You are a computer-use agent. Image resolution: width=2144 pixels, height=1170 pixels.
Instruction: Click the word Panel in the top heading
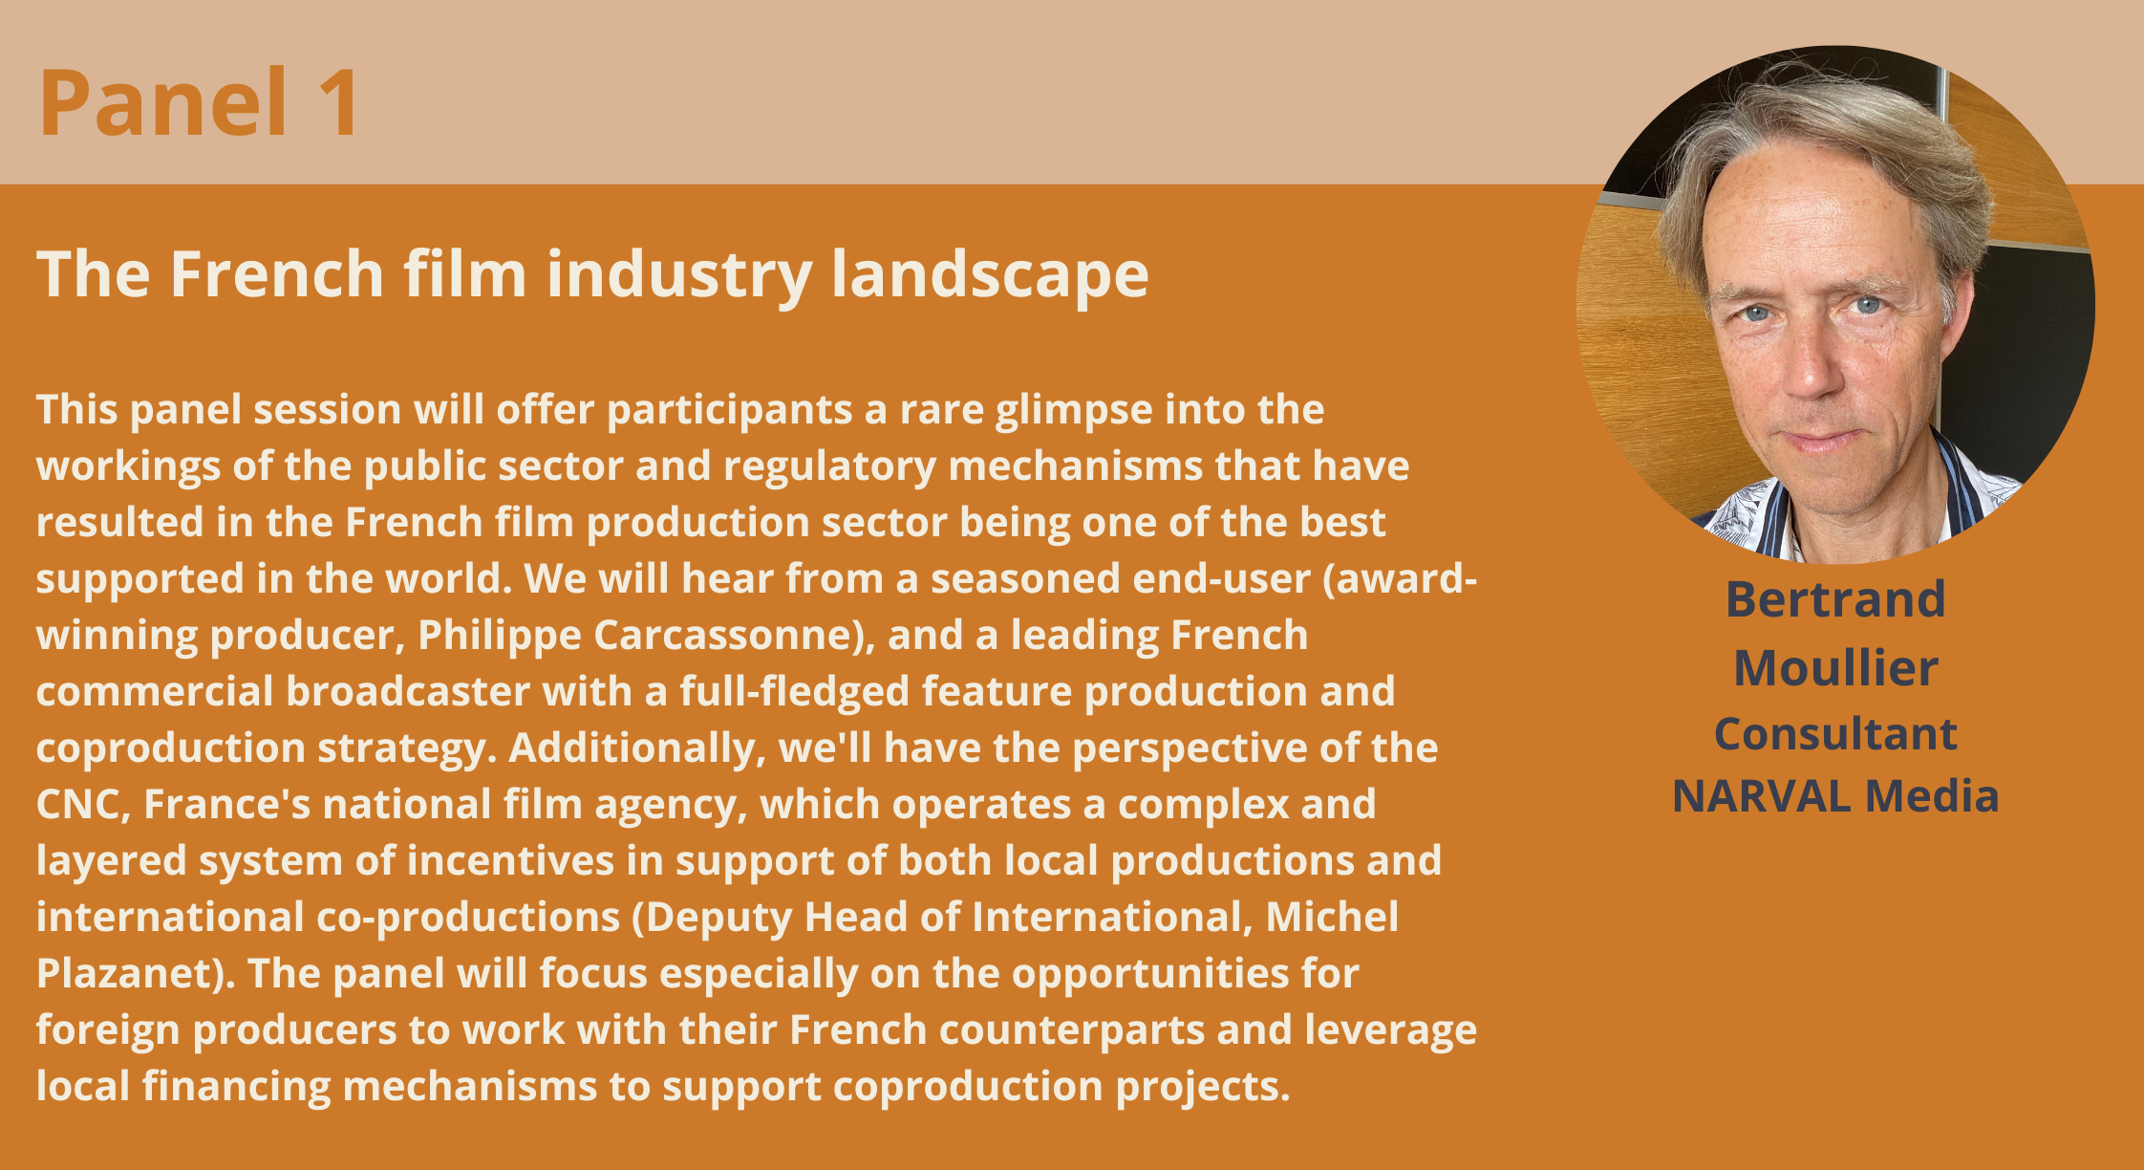162,102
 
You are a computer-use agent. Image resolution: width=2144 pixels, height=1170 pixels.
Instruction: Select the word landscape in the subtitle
990,276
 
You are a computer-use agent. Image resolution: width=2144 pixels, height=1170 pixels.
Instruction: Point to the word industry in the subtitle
678,276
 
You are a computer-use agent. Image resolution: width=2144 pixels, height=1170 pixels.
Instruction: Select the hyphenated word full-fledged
794,692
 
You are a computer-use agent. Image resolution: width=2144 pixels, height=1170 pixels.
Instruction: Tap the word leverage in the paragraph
1391,1030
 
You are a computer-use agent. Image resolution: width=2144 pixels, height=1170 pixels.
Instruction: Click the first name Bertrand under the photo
1835,599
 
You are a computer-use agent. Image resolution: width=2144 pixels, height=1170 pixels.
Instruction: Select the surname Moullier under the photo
1835,667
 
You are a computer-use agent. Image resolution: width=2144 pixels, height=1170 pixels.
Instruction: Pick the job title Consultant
1835,734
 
